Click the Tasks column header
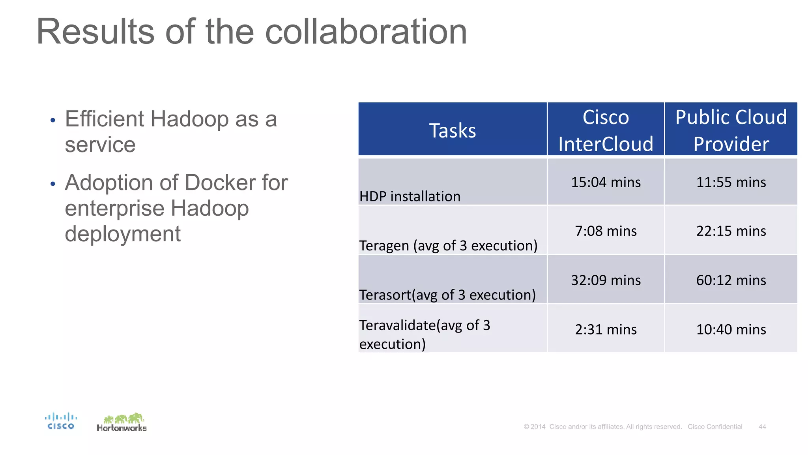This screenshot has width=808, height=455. (x=452, y=130)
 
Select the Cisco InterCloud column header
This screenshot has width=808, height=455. (x=606, y=130)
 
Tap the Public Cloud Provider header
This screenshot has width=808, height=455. (x=731, y=130)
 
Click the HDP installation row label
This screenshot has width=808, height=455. (x=410, y=196)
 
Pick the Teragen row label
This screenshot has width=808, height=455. (x=448, y=246)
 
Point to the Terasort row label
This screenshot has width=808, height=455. (x=447, y=295)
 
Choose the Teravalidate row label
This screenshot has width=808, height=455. (x=425, y=334)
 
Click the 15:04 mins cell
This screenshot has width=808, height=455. (x=606, y=182)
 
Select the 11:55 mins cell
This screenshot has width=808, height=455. (x=731, y=182)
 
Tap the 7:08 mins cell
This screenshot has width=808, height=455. (x=606, y=231)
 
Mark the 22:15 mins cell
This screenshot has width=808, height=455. (x=731, y=231)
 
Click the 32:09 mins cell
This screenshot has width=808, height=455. (x=606, y=280)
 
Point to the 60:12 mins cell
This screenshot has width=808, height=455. (x=731, y=280)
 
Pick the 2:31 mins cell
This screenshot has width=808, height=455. (x=606, y=329)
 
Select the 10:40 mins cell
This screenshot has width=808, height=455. (x=731, y=329)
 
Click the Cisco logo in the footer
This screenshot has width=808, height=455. (x=61, y=421)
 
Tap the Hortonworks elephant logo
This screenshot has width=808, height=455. (x=122, y=422)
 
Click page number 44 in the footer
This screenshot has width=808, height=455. (x=762, y=427)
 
